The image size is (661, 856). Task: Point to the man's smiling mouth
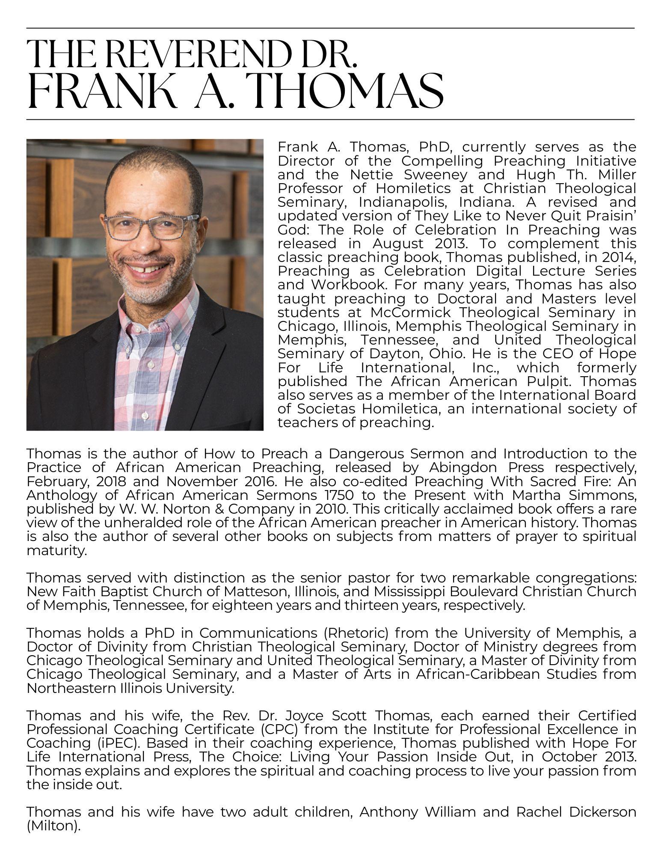point(147,269)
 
